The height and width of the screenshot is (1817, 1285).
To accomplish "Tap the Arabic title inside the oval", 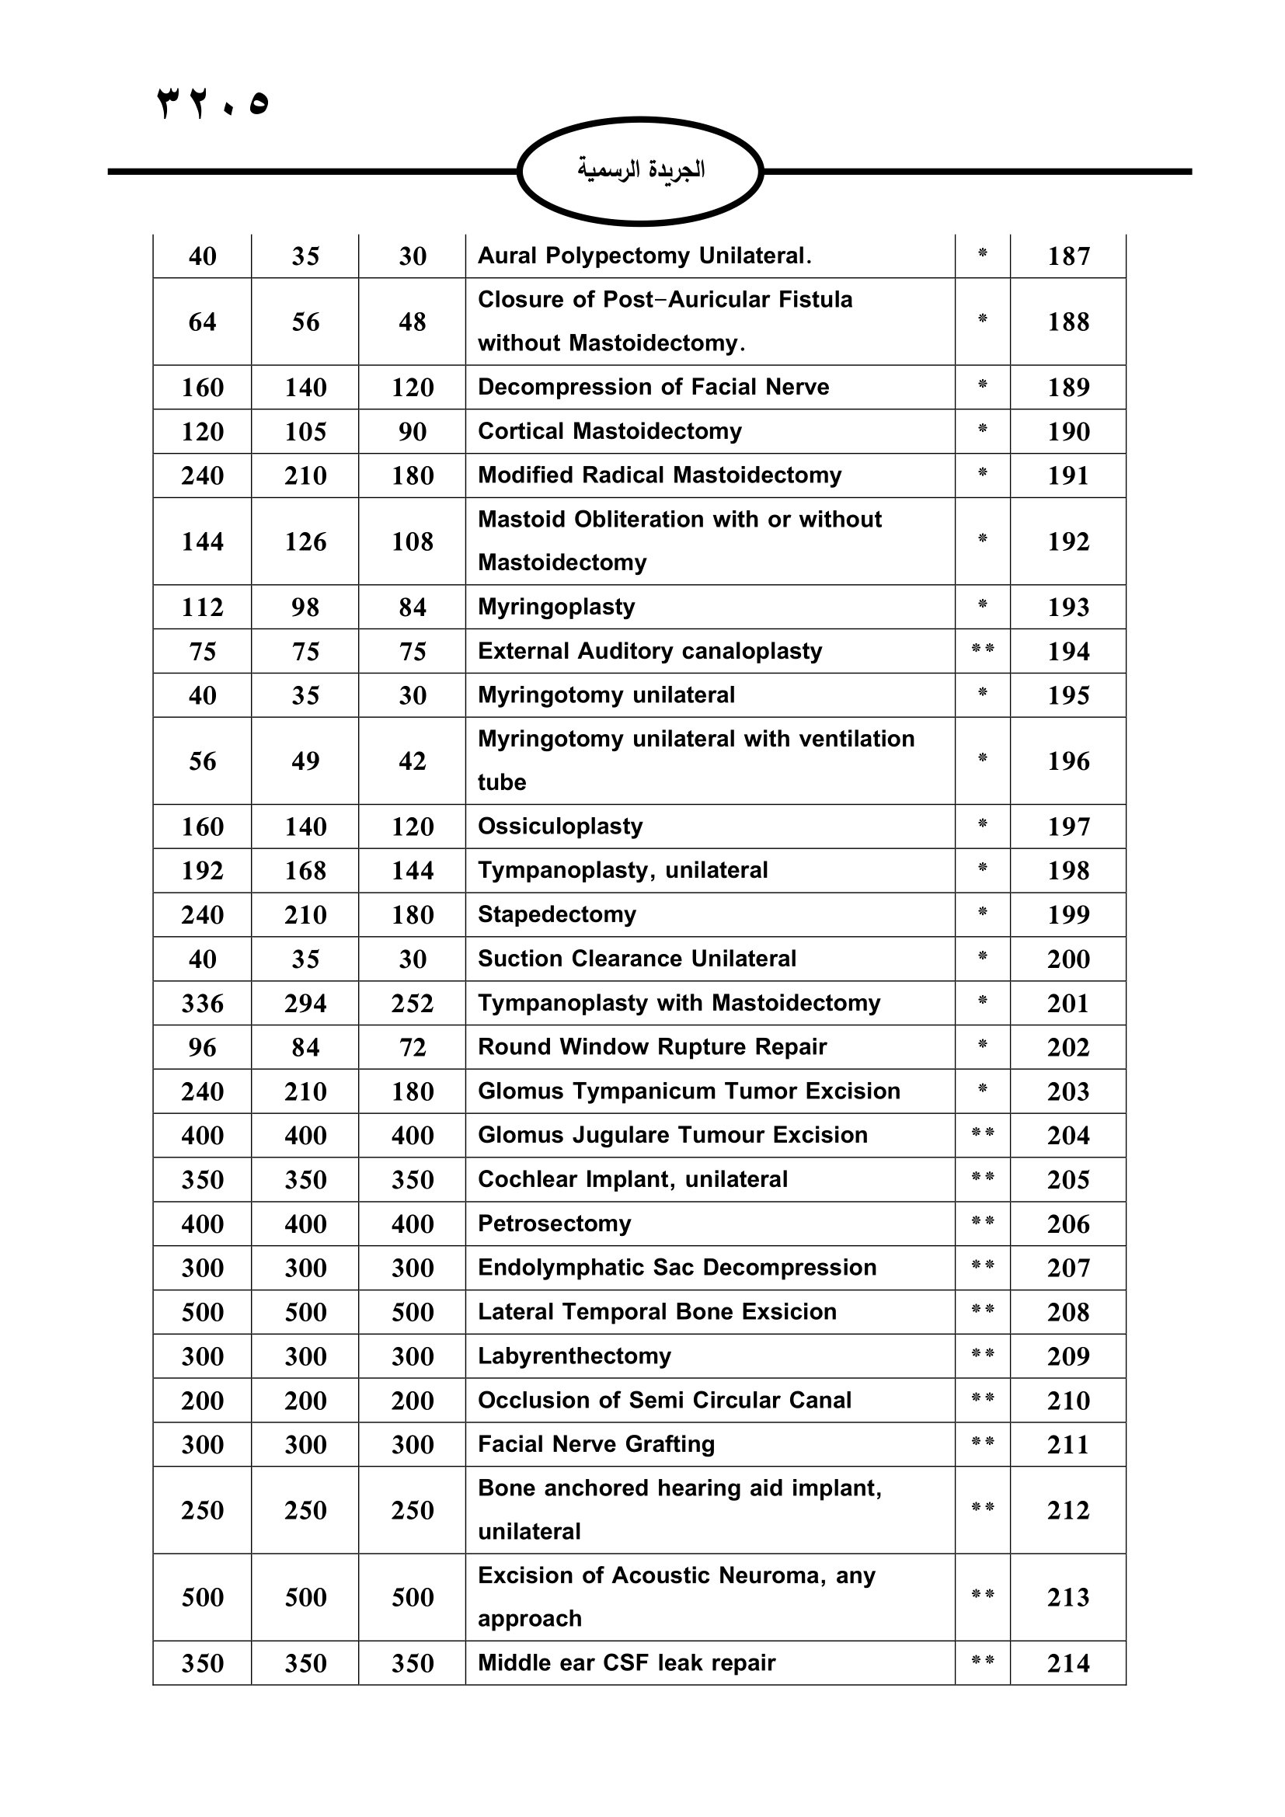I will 641,169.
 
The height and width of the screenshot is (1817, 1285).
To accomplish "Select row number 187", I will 1068,256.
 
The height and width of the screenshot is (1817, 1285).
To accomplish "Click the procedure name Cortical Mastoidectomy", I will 609,431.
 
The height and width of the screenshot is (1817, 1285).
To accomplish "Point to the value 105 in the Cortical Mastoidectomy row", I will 305,432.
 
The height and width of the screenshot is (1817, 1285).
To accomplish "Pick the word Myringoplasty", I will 556,607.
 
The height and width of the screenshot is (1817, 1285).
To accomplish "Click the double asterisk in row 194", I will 983,650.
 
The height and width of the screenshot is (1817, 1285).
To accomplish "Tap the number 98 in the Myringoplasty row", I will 305,607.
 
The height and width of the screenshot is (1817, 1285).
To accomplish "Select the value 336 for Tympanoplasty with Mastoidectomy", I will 203,1004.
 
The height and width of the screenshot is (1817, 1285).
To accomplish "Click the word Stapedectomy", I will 557,915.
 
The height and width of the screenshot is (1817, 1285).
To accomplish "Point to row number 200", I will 1068,959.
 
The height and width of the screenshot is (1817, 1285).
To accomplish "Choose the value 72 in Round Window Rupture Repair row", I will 413,1048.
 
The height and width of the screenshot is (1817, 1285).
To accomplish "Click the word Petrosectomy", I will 555,1224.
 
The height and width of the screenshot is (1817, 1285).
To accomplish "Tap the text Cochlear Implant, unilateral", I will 632,1179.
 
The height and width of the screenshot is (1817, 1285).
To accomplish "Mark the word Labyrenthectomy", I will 574,1356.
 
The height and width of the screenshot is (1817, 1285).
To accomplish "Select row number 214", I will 1068,1663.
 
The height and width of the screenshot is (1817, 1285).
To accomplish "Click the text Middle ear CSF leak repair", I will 627,1662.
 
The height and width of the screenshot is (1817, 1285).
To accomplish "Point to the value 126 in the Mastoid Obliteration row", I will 305,542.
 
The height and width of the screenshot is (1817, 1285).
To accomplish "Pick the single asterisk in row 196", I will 983,758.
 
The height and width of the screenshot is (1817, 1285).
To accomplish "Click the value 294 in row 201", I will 305,1004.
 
